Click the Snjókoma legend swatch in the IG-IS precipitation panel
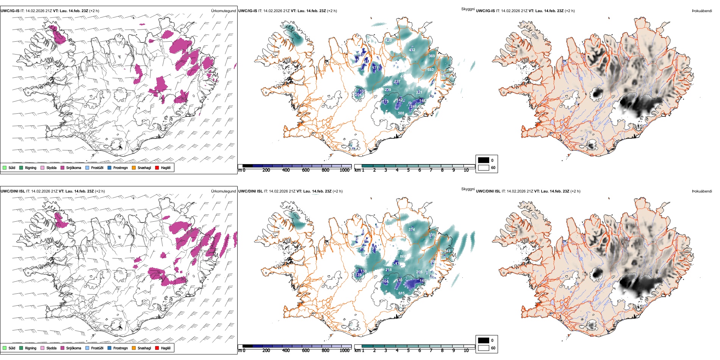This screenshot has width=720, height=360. click(x=63, y=167)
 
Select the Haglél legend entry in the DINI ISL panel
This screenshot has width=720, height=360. click(x=157, y=348)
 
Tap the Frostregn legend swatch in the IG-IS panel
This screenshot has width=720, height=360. click(x=110, y=167)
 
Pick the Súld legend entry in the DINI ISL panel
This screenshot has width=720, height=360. click(x=5, y=348)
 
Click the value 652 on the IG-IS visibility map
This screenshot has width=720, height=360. click(x=430, y=70)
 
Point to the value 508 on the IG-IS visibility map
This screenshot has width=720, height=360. click(x=401, y=113)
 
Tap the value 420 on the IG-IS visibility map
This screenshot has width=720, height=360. click(x=389, y=40)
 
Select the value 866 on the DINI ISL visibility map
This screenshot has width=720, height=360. click(x=403, y=257)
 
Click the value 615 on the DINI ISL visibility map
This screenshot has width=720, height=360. click(x=402, y=293)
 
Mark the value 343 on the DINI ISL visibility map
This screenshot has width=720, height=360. click(x=448, y=251)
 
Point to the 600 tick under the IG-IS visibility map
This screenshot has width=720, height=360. click(x=306, y=170)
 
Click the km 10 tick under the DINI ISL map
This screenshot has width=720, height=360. click(x=466, y=351)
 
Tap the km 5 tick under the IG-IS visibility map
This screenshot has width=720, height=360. click(x=409, y=170)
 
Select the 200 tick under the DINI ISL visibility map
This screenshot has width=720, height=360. click(x=266, y=351)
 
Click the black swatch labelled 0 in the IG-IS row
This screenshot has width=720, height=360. click(x=484, y=160)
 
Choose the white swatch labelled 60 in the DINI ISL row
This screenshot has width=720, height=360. click(x=484, y=348)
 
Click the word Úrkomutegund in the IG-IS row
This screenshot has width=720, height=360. click(x=223, y=11)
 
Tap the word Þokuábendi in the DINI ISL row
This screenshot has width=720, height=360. click(x=702, y=191)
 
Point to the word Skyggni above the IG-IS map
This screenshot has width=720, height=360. click(x=468, y=9)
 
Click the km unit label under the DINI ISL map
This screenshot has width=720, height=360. click(x=357, y=351)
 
